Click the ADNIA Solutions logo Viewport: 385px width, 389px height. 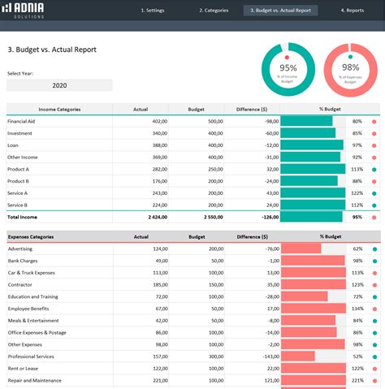[24, 10]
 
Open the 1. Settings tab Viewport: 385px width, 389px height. [152, 11]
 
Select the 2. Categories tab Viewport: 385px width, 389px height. [214, 11]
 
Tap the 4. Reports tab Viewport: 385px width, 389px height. [352, 11]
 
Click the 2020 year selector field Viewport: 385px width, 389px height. [59, 84]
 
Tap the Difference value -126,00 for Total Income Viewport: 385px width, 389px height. [265, 218]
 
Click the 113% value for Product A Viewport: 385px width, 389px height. [357, 169]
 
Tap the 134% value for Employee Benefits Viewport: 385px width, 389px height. [357, 309]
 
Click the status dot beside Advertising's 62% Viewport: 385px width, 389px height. [374, 249]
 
